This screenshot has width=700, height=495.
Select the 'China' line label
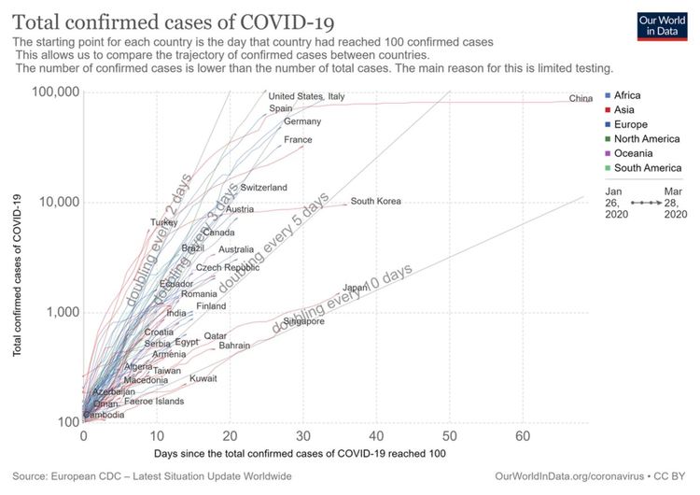pos(581,99)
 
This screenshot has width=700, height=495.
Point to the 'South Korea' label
pos(375,201)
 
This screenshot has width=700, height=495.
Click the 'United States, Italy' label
pos(306,96)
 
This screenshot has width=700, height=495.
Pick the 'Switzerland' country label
pos(263,188)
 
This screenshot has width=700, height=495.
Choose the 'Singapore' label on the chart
pos(303,321)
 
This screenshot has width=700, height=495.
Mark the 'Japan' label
pos(356,288)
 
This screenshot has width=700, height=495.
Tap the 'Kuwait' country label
pos(203,379)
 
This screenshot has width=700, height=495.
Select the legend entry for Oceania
pos(633,153)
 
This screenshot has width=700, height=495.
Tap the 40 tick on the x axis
pos(376,436)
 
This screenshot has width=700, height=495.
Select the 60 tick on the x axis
pos(523,436)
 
